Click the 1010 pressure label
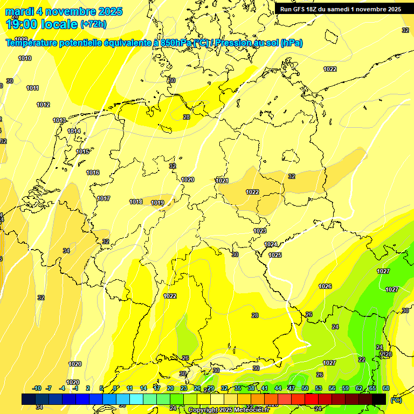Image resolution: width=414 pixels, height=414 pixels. click(25, 58)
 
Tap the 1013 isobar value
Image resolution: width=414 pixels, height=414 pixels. click(59, 120)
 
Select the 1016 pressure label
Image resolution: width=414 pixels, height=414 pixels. click(93, 172)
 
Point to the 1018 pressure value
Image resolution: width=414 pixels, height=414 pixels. click(136, 202)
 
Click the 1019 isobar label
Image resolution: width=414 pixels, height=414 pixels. click(157, 203)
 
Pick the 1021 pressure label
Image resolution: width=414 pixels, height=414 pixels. click(222, 181)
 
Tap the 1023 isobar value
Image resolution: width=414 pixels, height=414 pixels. click(260, 231)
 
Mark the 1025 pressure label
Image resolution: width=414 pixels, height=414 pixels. click(275, 255)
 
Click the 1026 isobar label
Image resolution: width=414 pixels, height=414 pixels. click(325, 286)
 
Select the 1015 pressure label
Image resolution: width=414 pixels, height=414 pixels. click(82, 151)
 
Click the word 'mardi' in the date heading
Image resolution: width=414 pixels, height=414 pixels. click(20, 11)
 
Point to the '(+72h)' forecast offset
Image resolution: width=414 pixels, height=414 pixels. click(93, 24)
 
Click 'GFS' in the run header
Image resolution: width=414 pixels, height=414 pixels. click(299, 9)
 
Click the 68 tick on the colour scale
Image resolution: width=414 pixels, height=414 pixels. click(386, 388)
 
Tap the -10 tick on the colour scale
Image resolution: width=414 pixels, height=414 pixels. click(37, 388)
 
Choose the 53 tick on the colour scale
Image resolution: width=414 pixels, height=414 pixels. click(319, 388)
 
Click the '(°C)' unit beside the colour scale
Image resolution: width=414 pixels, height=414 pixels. click(396, 400)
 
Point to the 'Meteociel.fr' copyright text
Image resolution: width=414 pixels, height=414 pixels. click(252, 410)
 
